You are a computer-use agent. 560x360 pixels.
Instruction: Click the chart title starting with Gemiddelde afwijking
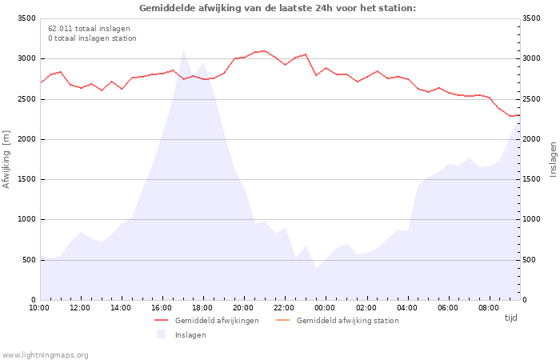[278, 8]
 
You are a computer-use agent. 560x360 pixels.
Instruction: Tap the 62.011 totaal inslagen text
[89, 29]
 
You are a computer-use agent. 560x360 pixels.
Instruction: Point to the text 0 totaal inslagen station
[92, 38]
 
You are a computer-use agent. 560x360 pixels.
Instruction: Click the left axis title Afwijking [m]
[6, 159]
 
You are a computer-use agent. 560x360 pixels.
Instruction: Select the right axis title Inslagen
[553, 159]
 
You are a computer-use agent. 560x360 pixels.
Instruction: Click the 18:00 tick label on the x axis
[202, 308]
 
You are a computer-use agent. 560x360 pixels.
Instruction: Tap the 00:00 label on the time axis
[325, 308]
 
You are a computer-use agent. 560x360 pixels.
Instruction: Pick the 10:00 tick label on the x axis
[39, 308]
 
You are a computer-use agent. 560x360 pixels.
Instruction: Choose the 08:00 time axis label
[489, 308]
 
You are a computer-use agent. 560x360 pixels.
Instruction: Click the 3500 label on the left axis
[26, 18]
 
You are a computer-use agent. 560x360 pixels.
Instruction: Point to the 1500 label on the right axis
[531, 179]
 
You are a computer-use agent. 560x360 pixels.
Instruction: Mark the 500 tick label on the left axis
[29, 260]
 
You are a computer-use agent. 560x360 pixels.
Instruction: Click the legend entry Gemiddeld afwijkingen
[206, 320]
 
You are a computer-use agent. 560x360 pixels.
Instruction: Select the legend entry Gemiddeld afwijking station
[338, 320]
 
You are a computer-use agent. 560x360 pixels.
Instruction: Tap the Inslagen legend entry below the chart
[181, 334]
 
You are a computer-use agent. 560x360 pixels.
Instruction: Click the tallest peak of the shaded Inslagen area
[183, 50]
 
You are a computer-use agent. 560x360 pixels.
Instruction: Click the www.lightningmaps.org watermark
[46, 355]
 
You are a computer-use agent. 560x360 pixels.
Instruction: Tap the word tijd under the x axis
[510, 318]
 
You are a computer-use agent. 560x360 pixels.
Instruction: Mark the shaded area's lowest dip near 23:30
[316, 268]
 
